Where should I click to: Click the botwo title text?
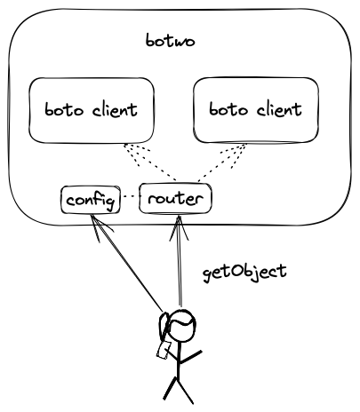click(x=170, y=41)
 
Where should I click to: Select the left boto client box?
click(x=92, y=110)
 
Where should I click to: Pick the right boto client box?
click(x=256, y=110)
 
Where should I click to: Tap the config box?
click(x=91, y=200)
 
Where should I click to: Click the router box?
click(x=175, y=198)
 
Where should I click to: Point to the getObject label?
click(x=244, y=273)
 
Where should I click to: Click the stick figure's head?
click(x=181, y=326)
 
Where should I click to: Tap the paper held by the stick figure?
click(x=164, y=350)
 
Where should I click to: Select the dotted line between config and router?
click(x=130, y=196)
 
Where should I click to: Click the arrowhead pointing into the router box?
click(x=179, y=228)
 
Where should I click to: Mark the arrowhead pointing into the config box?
click(x=100, y=228)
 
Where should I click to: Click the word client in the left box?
click(x=115, y=110)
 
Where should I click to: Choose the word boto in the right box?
click(x=228, y=109)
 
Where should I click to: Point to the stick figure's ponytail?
click(x=164, y=328)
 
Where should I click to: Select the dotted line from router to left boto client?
click(x=150, y=162)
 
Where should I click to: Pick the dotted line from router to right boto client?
click(x=221, y=162)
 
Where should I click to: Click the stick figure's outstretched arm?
click(x=190, y=357)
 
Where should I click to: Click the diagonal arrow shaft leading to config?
click(x=127, y=264)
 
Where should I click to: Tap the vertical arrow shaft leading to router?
click(x=179, y=261)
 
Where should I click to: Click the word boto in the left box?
click(x=64, y=110)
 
